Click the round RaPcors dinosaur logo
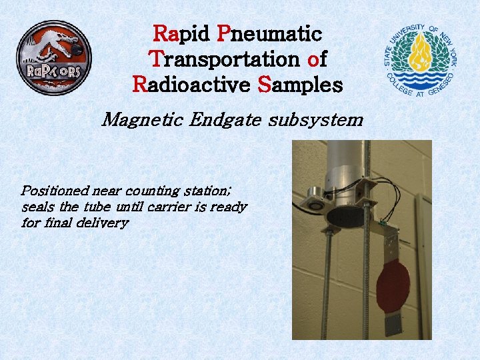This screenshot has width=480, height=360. coord(53,57)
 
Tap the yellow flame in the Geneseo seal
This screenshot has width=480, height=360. coord(421,54)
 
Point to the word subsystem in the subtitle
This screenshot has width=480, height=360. coord(316,120)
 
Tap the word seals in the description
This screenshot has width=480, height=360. coord(37,207)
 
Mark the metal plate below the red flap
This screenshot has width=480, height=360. coord(393,325)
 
